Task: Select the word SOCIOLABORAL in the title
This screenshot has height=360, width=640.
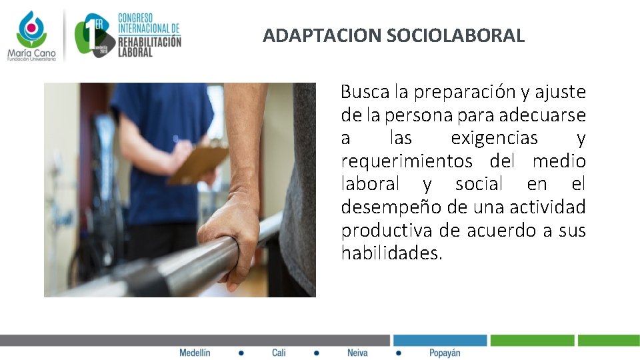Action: coord(455,35)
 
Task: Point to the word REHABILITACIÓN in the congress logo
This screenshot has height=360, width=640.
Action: coord(149,41)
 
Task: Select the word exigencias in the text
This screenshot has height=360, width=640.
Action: coord(494,138)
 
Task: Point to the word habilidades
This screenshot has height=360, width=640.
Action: coord(391,253)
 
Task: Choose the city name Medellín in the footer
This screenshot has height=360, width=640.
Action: coord(195,353)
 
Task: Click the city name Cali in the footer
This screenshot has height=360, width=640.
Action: coord(279,353)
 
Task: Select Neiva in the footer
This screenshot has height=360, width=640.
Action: coord(357,353)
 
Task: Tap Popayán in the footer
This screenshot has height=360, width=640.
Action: coord(445,353)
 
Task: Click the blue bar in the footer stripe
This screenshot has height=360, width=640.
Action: coord(439,340)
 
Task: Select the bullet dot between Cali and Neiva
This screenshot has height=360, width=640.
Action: coord(317,353)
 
